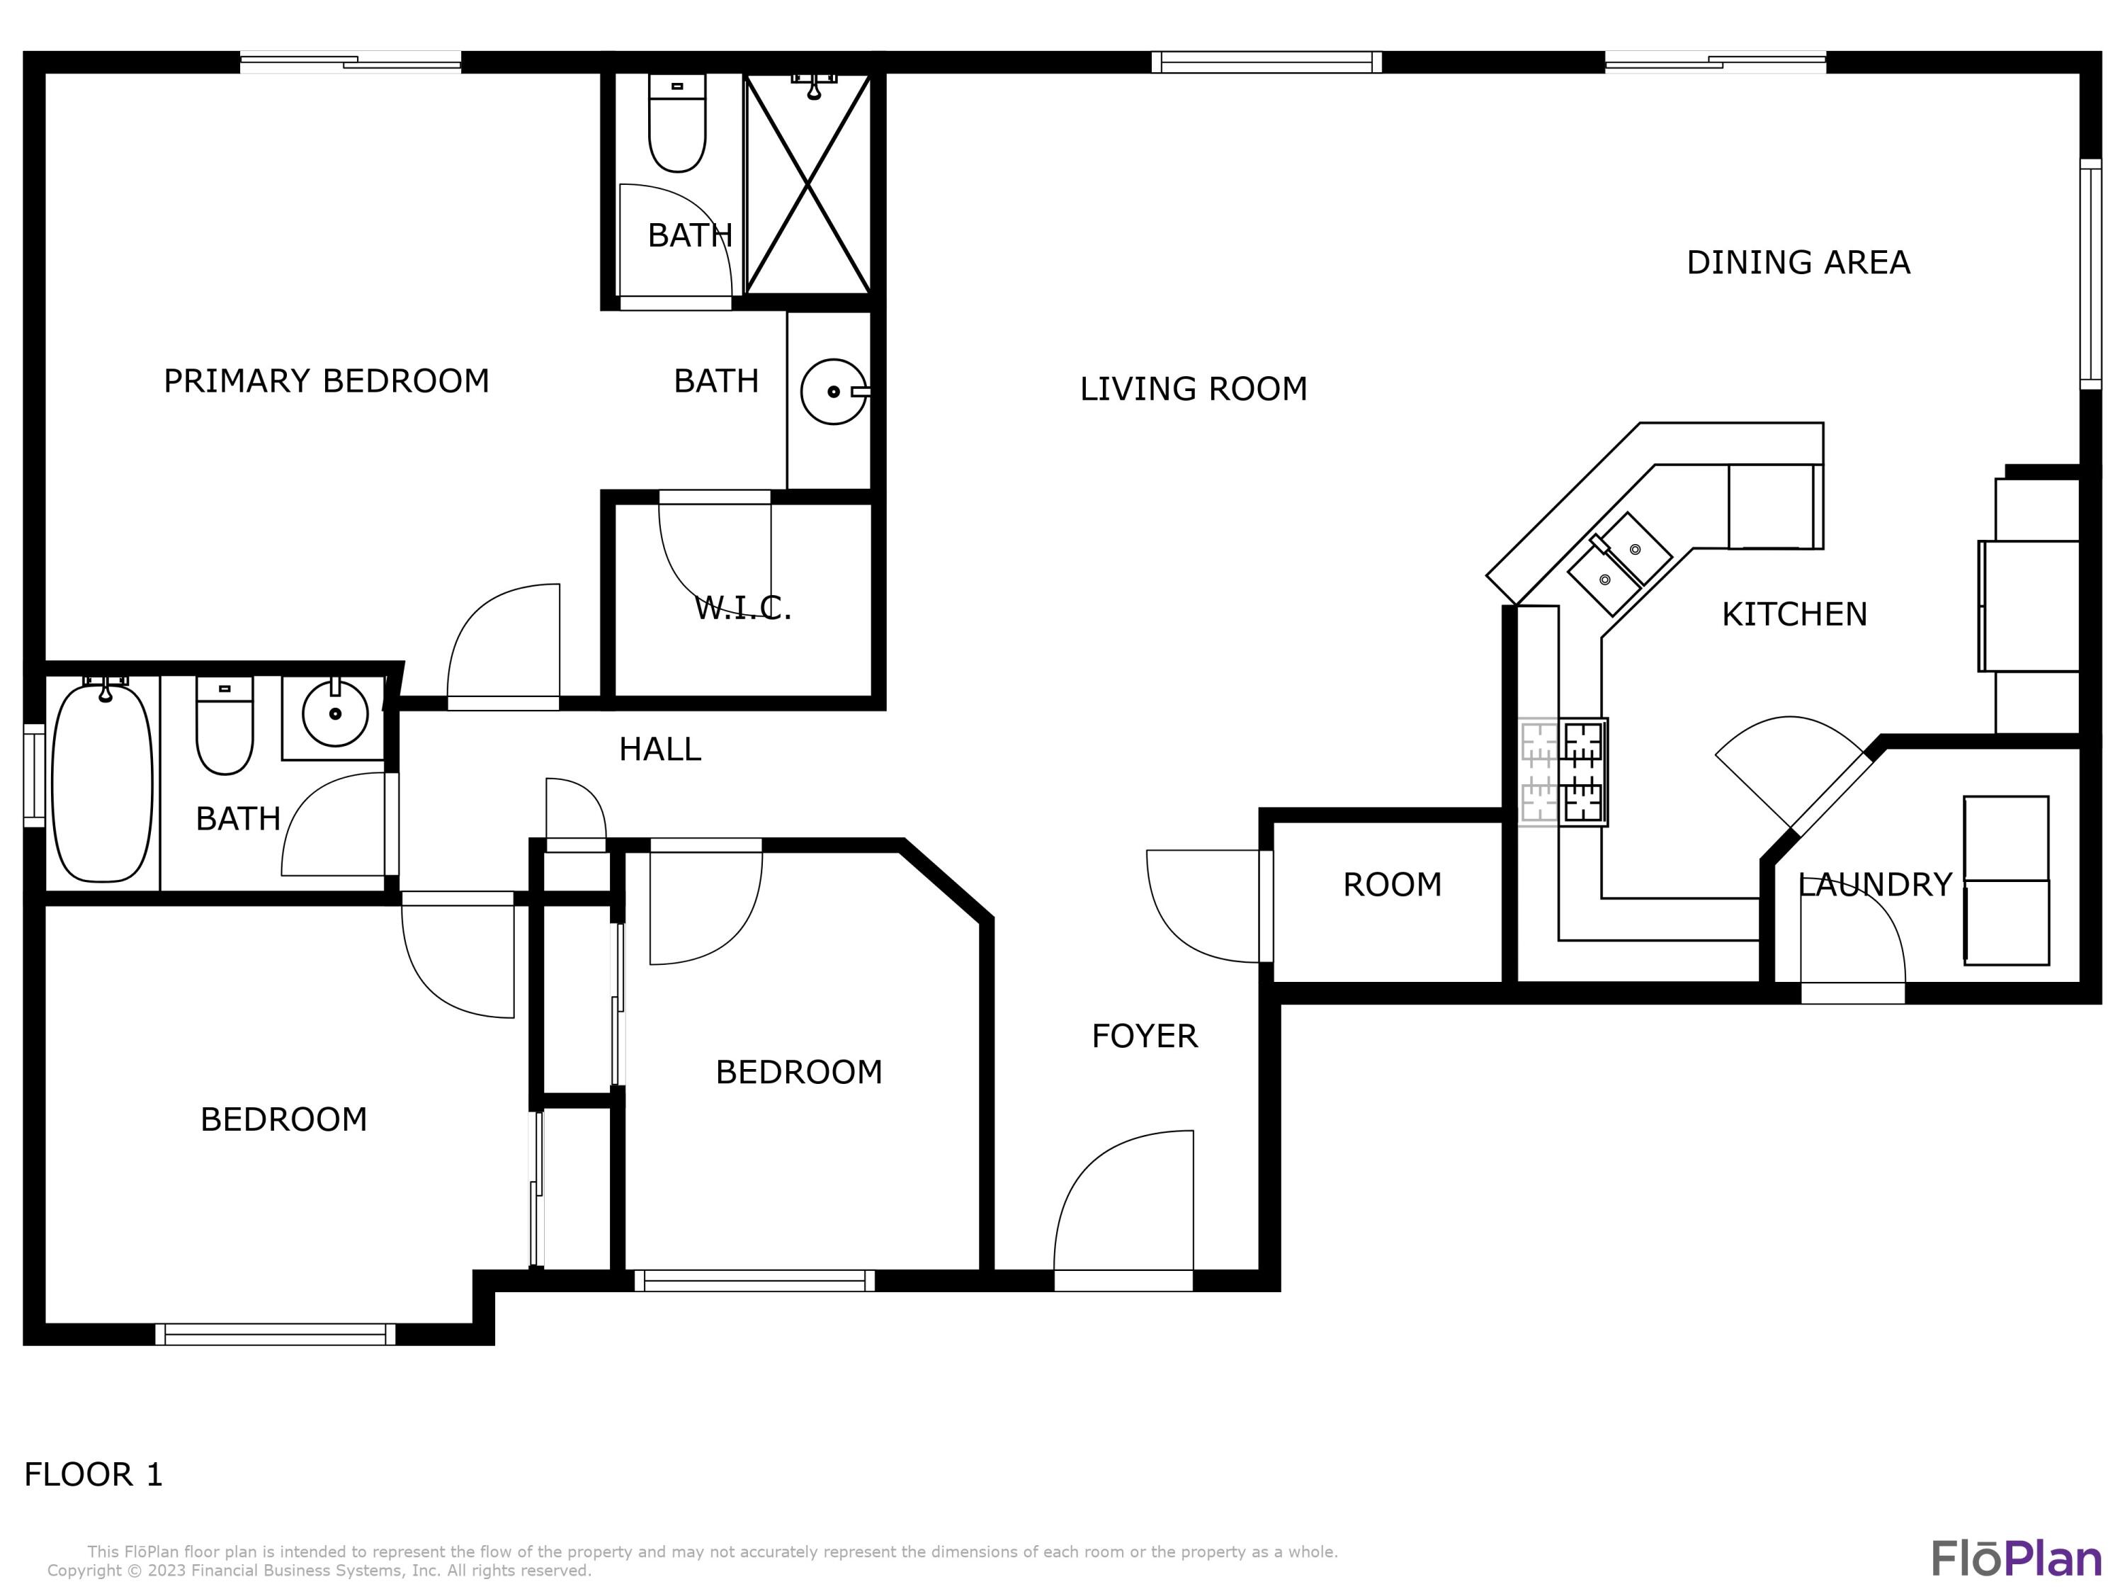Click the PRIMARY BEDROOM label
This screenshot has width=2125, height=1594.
click(x=326, y=380)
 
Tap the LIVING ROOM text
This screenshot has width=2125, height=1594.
click(x=1193, y=388)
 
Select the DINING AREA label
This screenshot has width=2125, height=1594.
click(x=1798, y=262)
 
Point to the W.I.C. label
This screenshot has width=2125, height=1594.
click(x=742, y=607)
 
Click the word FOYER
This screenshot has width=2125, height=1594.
click(x=1144, y=1036)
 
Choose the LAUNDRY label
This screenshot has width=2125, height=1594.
click(x=1874, y=884)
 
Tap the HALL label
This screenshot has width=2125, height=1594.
click(x=660, y=750)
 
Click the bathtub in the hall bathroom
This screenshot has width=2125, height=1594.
click(x=102, y=782)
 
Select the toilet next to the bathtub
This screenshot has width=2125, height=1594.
click(x=225, y=725)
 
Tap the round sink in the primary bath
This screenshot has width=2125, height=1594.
click(x=832, y=391)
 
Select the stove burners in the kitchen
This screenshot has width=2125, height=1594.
click(x=1563, y=771)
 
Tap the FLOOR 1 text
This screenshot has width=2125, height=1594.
click(x=93, y=1474)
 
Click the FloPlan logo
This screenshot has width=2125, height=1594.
click(x=2015, y=1559)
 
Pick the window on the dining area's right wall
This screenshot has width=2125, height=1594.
click(x=2090, y=274)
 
